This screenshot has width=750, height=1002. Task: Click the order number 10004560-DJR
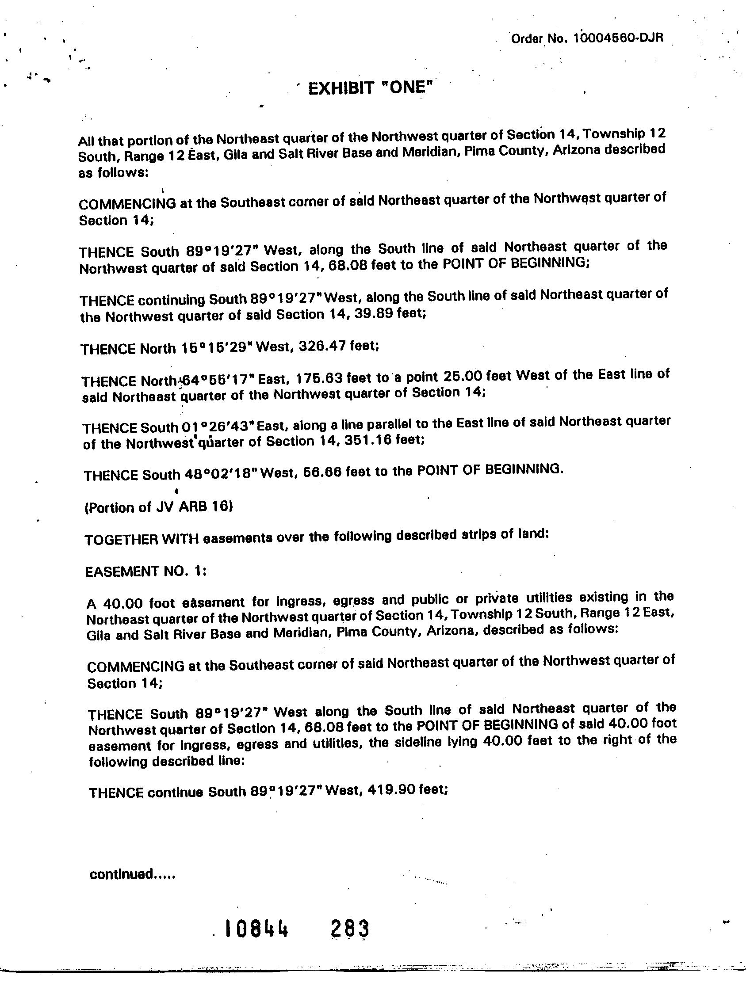click(618, 38)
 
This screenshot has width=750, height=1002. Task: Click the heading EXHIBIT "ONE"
click(368, 88)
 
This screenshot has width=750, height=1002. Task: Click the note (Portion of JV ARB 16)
click(159, 507)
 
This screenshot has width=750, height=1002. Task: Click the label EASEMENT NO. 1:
click(146, 571)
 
